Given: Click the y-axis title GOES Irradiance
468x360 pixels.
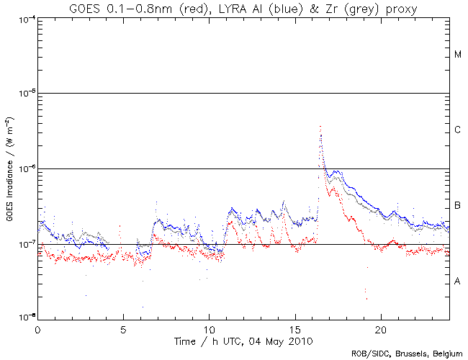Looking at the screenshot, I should tap(9, 168).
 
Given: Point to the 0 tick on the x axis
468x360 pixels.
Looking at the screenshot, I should tap(37, 327).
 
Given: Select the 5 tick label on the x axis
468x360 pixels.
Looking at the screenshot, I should tap(123, 327).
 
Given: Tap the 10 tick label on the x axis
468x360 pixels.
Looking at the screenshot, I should tap(209, 327).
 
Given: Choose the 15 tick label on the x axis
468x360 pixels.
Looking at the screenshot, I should tap(294, 327).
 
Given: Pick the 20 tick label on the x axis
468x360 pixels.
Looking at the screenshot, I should tap(380, 327).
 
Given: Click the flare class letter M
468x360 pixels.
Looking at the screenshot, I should tap(457, 55).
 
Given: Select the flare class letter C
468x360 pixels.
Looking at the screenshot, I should tap(457, 130).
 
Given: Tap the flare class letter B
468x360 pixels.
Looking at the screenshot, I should tap(457, 207).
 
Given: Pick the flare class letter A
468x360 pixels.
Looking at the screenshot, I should tap(457, 282).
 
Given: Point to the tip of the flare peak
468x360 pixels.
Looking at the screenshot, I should tap(320, 126).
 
